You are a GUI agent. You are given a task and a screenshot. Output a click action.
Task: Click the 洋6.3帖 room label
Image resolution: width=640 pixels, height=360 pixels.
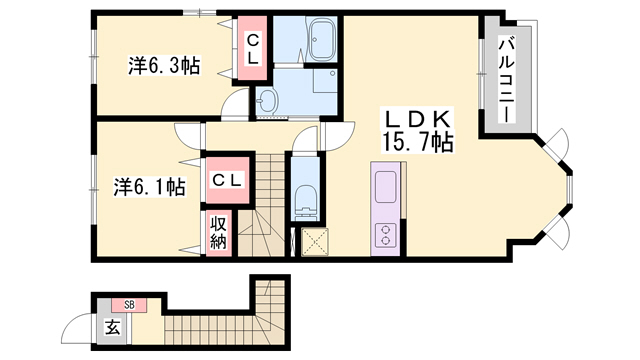coord(164,66)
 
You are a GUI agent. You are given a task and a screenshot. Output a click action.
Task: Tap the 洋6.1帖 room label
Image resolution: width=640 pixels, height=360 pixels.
coord(149,187)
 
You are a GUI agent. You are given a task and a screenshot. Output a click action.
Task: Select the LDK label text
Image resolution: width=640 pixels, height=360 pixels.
coord(417,119)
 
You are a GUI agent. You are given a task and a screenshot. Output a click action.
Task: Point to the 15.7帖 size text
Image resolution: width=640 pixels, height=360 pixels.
coord(417,142)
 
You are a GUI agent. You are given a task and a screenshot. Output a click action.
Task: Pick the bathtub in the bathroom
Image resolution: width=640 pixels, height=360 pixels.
coord(322,40)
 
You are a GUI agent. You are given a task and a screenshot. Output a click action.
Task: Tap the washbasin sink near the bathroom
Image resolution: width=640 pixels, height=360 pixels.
coord(267,100)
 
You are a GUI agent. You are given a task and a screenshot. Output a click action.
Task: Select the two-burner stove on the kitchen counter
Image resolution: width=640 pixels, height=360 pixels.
coord(385,235)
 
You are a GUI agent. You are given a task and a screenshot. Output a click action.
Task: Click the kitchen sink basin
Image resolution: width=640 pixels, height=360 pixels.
coord(386,187)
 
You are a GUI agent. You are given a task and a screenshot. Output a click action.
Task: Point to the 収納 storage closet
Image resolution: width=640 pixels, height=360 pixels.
coord(219,233)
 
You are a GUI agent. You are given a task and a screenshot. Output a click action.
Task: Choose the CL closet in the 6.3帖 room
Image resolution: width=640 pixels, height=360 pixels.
coord(252,48)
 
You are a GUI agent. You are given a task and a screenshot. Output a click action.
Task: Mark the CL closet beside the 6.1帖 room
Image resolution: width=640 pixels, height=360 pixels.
coord(227,180)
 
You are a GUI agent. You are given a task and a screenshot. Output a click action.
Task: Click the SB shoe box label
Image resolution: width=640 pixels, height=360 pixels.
coord(129,305)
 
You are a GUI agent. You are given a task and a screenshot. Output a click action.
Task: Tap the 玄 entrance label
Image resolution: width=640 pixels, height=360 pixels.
coord(113,327)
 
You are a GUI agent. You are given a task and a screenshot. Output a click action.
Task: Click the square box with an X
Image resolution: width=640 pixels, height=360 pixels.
coord(315,242)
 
